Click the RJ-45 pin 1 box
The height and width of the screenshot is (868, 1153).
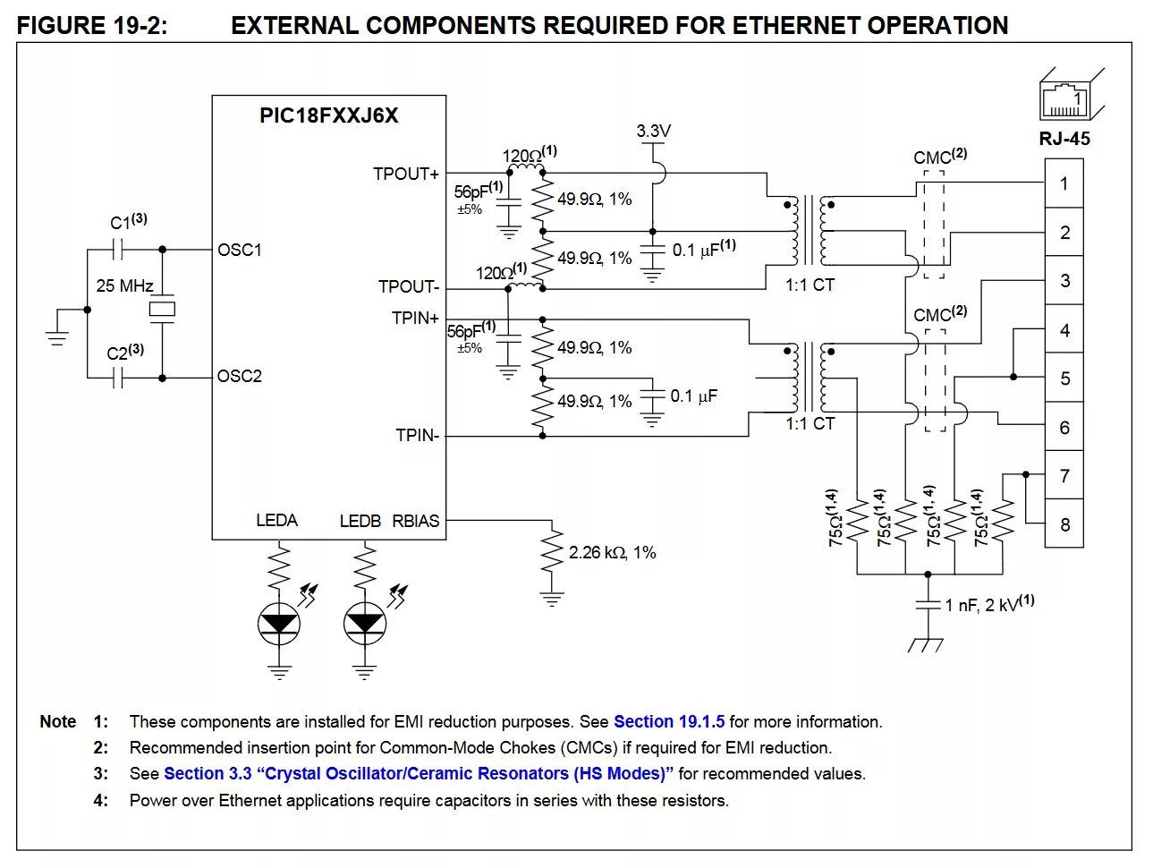tap(1064, 183)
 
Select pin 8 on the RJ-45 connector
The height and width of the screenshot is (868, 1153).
tap(1064, 524)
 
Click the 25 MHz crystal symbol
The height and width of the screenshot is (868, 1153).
tap(162, 310)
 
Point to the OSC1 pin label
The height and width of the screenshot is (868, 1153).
tap(240, 250)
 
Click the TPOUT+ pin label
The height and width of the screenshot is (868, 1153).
tap(406, 174)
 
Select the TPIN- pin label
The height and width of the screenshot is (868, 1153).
tap(418, 436)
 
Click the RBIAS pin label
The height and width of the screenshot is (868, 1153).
tap(416, 521)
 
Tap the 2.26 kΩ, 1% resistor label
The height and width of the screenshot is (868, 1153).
tap(612, 553)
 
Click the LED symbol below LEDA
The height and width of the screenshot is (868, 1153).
tap(279, 621)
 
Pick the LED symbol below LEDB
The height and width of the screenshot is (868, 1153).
tap(364, 621)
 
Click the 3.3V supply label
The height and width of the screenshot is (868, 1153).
tap(653, 132)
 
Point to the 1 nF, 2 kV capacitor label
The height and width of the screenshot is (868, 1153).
tap(989, 605)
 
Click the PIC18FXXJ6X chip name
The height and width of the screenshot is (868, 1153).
tap(328, 116)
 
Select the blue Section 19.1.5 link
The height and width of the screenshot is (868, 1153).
tap(669, 722)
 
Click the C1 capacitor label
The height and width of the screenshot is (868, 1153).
tap(127, 222)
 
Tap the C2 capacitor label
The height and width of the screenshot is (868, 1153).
tap(124, 353)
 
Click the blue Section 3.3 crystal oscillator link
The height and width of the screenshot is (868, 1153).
tap(418, 774)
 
